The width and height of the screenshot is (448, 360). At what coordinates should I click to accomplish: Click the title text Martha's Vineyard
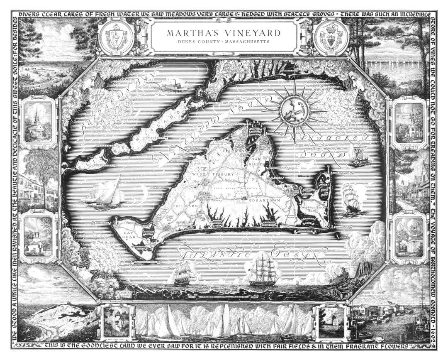224,33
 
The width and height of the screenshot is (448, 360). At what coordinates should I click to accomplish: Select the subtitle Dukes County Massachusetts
224,42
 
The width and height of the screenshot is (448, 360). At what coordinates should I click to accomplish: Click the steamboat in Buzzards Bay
174,86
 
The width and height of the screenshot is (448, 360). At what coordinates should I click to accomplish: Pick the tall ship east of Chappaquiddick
351,199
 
